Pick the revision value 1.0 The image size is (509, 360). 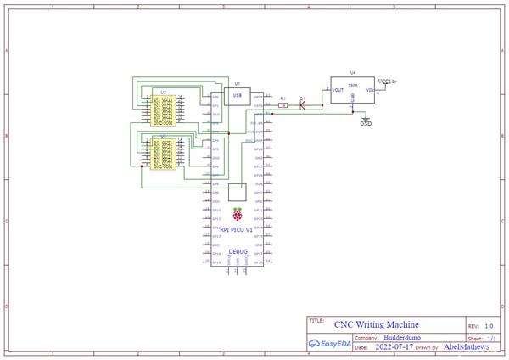pyautogui.click(x=489, y=325)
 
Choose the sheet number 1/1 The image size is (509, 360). pyautogui.click(x=489, y=337)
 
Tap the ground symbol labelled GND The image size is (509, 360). pyautogui.click(x=366, y=120)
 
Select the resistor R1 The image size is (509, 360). pyautogui.click(x=283, y=106)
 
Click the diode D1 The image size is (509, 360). pyautogui.click(x=303, y=106)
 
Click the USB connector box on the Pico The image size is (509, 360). pyautogui.click(x=238, y=96)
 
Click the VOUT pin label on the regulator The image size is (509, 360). pyautogui.click(x=337, y=88)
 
